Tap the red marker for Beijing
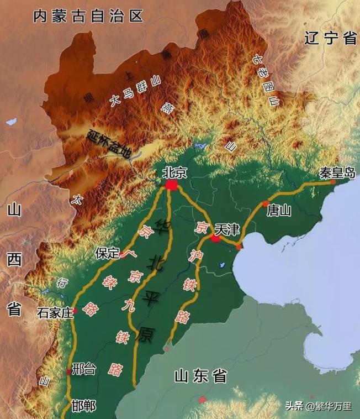(x=171, y=185)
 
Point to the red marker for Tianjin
(x=215, y=238)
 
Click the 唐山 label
(x=279, y=211)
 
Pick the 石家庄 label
(x=55, y=313)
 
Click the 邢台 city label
(x=83, y=370)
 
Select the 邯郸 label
(x=83, y=406)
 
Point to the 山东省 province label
(x=200, y=376)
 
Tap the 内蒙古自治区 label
(x=88, y=15)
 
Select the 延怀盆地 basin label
(x=108, y=143)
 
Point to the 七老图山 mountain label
(x=267, y=80)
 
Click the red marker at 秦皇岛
(x=333, y=181)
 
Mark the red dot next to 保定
(x=123, y=256)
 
